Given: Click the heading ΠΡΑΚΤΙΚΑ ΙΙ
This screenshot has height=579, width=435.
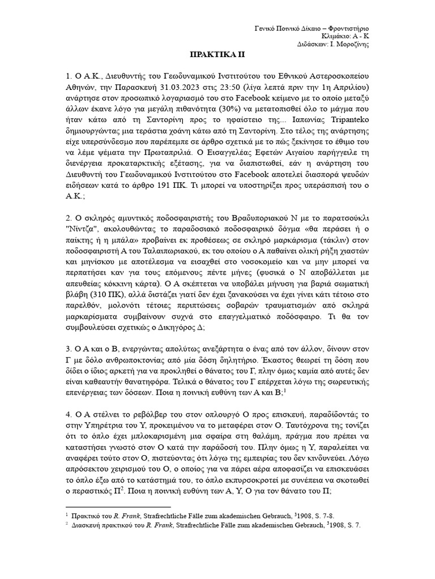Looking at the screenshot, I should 217,57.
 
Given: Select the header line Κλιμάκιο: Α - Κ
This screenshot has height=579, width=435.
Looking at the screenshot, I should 346,36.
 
